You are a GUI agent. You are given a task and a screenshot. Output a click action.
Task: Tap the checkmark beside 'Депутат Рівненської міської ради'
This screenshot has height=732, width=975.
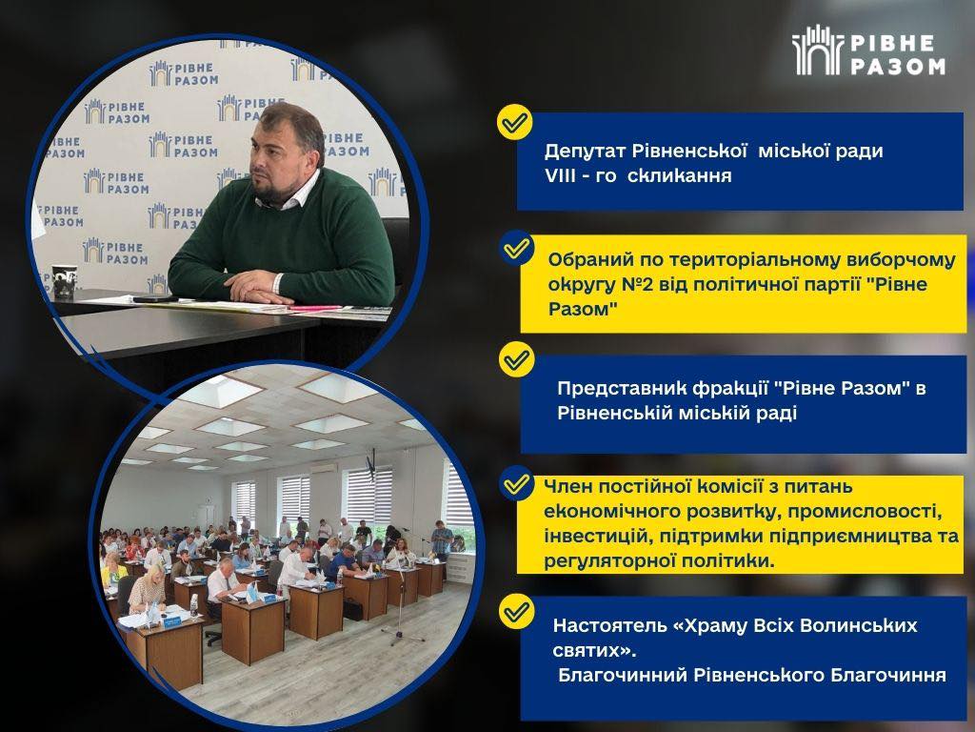pos(515,122)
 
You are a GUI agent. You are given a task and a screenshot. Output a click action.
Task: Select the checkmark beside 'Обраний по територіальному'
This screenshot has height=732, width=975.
pos(517,248)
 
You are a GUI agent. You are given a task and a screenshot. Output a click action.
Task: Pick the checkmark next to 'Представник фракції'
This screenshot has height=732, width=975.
pos(517,359)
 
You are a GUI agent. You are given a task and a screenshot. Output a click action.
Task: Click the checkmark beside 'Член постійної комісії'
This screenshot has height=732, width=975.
pos(517,483)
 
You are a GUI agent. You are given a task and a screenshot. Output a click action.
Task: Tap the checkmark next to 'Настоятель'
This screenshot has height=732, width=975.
pos(517,611)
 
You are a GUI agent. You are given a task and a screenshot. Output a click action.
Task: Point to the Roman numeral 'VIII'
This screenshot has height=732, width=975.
pos(560,175)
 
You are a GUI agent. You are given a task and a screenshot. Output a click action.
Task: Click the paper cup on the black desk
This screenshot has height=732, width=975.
pos(65,282)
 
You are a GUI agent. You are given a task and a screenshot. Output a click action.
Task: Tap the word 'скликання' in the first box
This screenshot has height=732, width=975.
pos(679,175)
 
